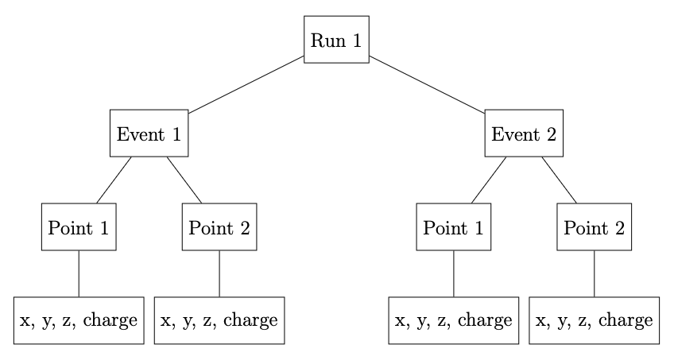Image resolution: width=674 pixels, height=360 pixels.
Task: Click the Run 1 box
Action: coord(337,39)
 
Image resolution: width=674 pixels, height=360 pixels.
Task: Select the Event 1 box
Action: coord(149,133)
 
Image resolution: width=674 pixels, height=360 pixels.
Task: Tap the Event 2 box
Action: coord(524,133)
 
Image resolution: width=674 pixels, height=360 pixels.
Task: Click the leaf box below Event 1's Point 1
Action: coord(79,320)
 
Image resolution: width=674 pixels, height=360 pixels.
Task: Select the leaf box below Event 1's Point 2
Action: coord(219,320)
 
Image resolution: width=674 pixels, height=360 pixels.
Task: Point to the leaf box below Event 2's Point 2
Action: coord(595,320)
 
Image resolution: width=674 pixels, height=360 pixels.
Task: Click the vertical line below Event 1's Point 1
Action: coord(79,273)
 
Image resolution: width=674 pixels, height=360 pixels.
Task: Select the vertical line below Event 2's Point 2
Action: coord(595,273)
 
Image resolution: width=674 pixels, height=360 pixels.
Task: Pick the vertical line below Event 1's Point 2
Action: coord(219,273)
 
